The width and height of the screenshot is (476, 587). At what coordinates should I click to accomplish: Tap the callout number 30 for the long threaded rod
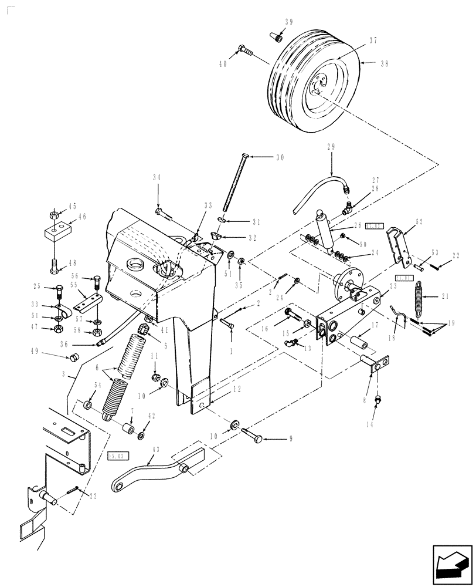(280, 157)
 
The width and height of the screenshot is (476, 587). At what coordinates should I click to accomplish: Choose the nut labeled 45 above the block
(53, 214)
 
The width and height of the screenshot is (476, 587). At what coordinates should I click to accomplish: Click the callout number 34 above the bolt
(157, 178)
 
